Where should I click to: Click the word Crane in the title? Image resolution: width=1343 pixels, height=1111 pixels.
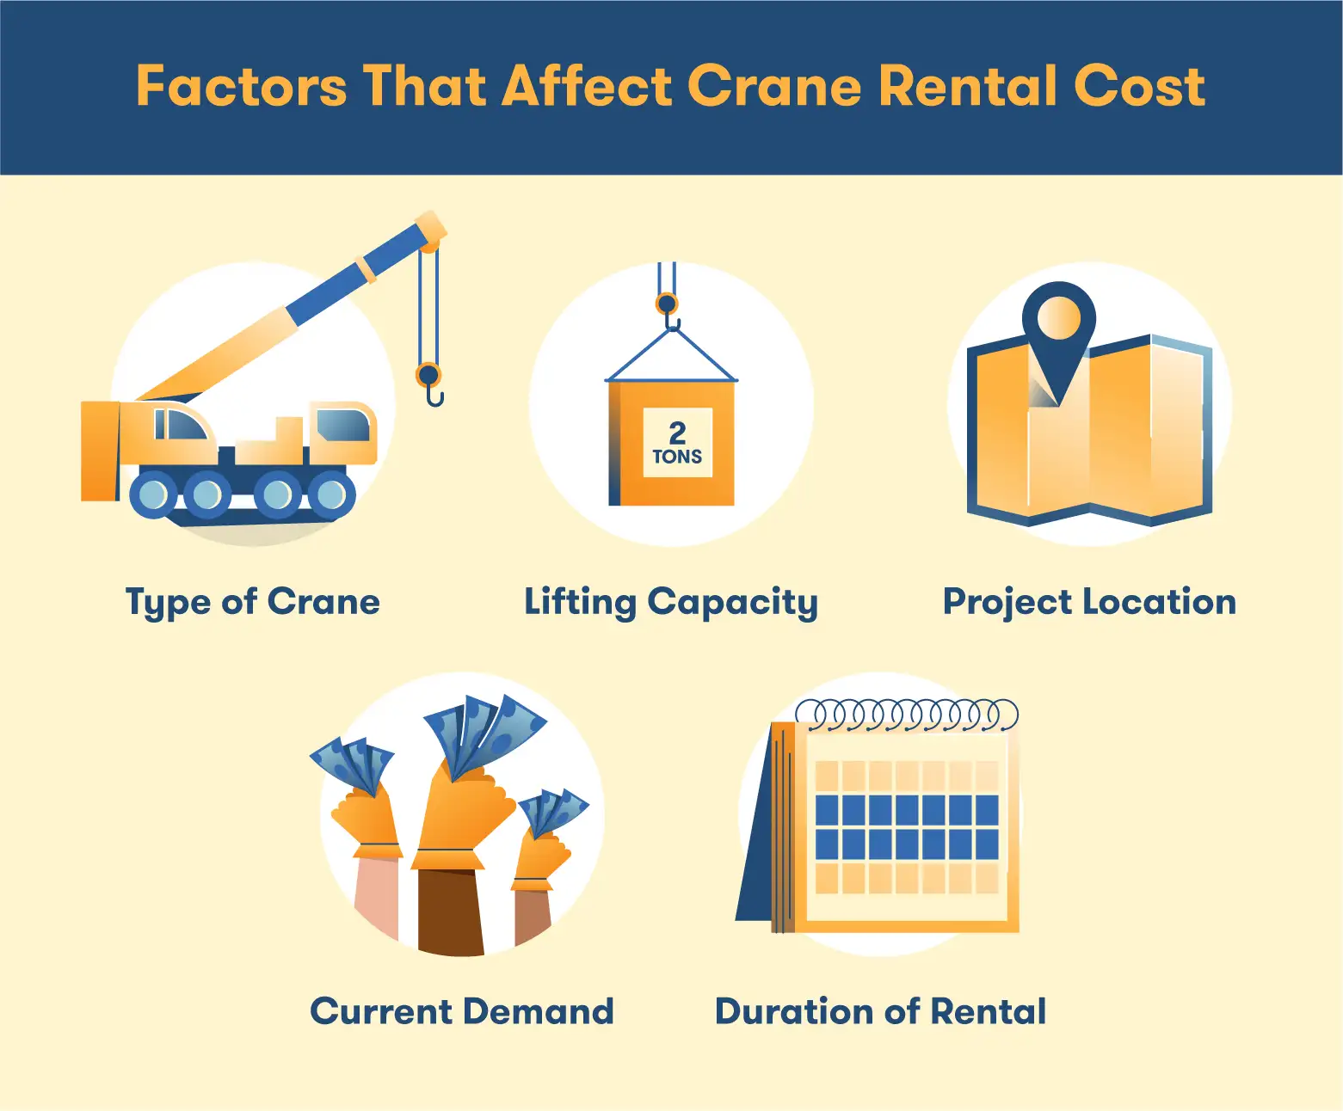774,86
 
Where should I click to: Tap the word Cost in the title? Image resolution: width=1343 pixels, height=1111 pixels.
1139,86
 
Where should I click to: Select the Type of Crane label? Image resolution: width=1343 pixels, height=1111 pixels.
253,603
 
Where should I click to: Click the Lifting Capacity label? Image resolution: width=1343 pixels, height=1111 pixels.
671,603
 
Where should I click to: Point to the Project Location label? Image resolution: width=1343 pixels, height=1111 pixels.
1089,603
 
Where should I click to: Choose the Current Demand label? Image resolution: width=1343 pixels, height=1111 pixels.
462,1011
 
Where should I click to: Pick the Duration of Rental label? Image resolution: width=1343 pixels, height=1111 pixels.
880,1011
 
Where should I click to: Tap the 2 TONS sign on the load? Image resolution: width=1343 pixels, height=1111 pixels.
677,442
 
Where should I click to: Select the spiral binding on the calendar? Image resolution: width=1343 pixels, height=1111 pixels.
907,715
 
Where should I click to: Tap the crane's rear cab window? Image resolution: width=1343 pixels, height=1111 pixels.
344,424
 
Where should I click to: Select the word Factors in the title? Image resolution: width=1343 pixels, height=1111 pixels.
241,86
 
